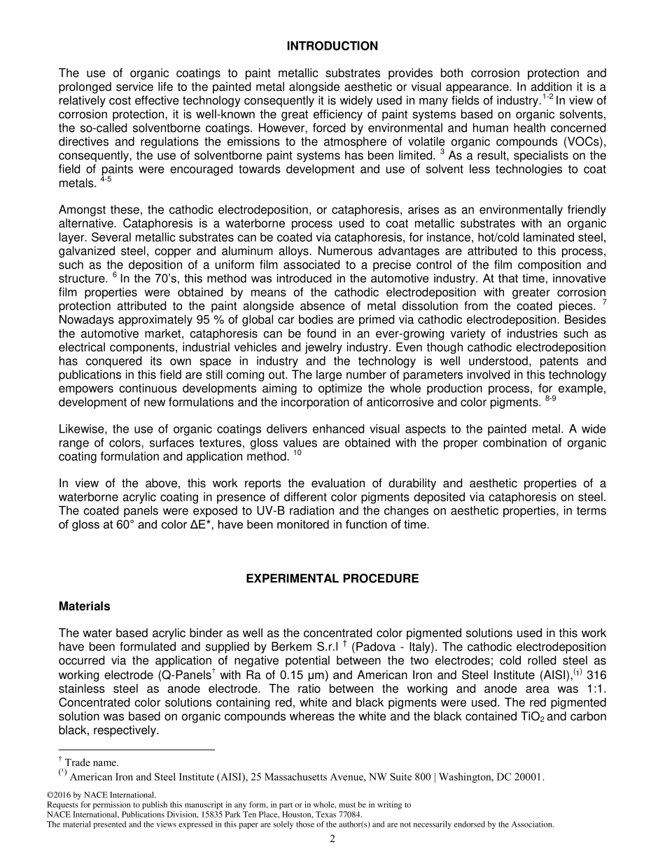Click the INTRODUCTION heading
click(332, 46)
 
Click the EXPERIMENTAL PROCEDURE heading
click(332, 578)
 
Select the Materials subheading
click(84, 605)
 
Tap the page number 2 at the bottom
click(332, 839)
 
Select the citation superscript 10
click(297, 454)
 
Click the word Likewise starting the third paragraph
click(81, 429)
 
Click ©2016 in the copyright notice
click(59, 795)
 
